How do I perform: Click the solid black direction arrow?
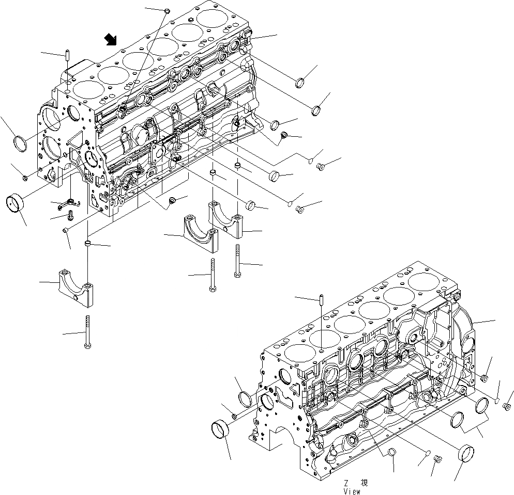coord(110,39)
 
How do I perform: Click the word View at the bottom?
coord(352,491)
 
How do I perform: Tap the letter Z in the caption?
coord(344,483)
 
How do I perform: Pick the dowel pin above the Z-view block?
coord(321,299)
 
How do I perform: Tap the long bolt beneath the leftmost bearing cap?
coord(87,331)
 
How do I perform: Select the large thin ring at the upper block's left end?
coord(20,143)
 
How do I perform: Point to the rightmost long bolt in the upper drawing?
coord(237,261)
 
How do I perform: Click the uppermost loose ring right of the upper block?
coord(300,83)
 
